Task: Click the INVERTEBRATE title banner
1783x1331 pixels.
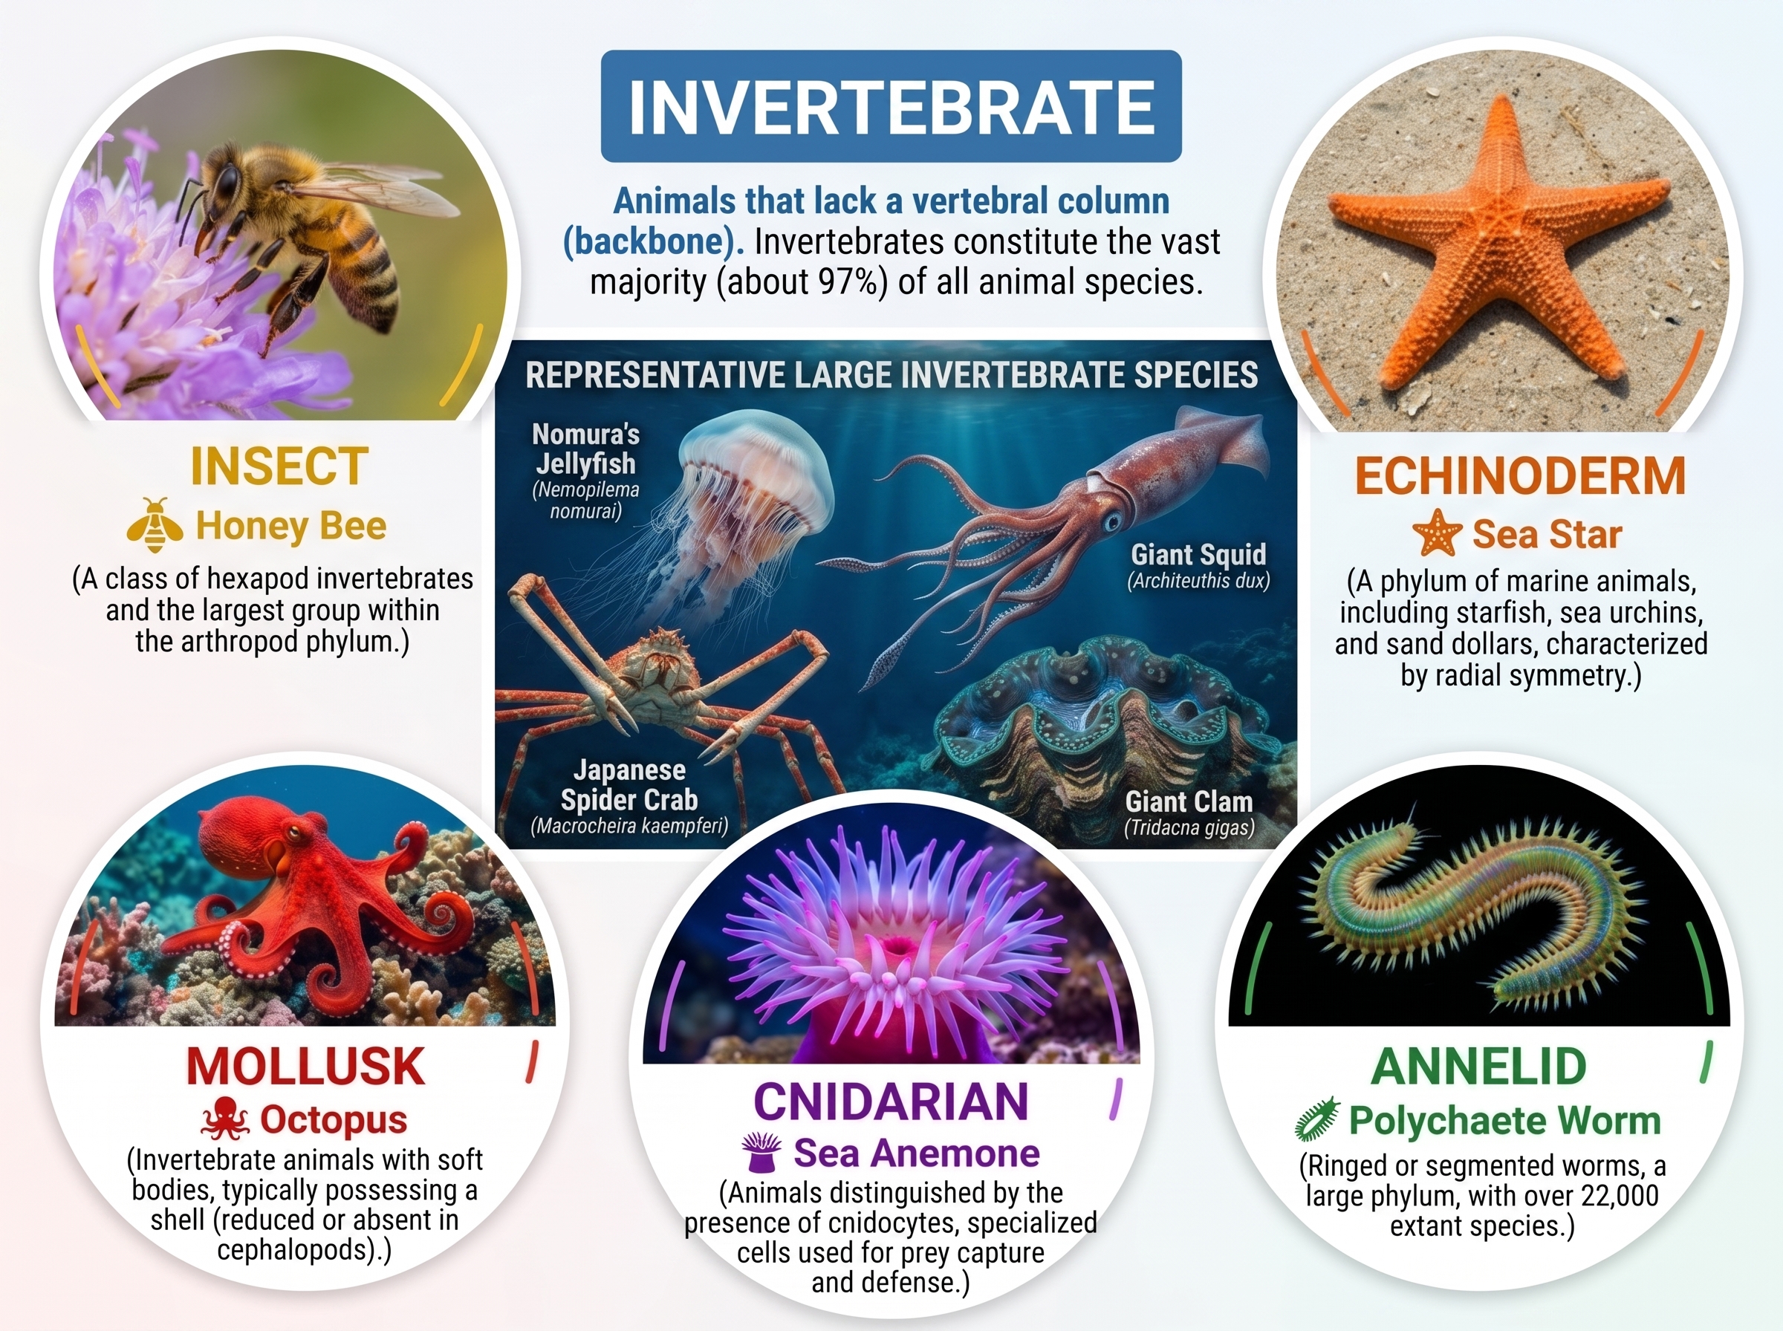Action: coord(891,105)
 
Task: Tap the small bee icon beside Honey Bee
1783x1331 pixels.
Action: coord(155,525)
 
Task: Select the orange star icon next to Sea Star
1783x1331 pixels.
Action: coord(1438,533)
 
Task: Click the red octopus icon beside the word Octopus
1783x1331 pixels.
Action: coord(226,1119)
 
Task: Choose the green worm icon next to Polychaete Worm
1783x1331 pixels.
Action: coord(1316,1119)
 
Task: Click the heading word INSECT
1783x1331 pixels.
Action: coord(279,466)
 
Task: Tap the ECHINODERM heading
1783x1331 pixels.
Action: coord(1519,475)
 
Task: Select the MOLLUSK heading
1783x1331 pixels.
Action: coord(305,1066)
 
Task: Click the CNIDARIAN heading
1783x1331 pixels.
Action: coord(891,1101)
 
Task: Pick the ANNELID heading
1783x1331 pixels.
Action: coord(1478,1066)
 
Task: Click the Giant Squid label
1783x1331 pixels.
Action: coord(1198,554)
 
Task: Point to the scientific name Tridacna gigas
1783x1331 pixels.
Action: coord(1189,827)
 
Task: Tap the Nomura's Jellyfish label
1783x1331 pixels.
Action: coord(585,449)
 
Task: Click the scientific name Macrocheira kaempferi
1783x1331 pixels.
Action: coord(629,826)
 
